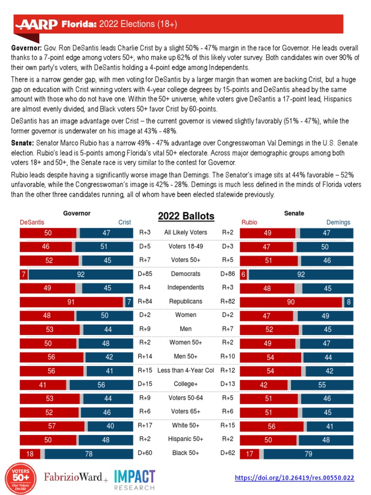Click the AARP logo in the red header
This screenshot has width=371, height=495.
pyautogui.click(x=37, y=24)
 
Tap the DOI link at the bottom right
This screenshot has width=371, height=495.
pyautogui.click(x=294, y=478)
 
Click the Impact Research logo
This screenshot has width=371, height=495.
pyautogui.click(x=134, y=480)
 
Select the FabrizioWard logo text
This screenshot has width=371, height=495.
pyautogui.click(x=76, y=478)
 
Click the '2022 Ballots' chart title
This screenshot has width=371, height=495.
pyautogui.click(x=186, y=216)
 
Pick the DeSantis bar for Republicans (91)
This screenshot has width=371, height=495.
pyautogui.click(x=71, y=302)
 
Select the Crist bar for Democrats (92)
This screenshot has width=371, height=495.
pyautogui.click(x=81, y=274)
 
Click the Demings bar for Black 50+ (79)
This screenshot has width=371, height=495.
pyautogui.click(x=308, y=454)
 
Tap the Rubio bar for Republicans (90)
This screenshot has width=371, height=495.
pyautogui.click(x=291, y=302)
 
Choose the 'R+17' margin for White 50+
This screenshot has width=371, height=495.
pyautogui.click(x=144, y=425)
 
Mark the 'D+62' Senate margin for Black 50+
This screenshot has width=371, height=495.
pyautogui.click(x=228, y=453)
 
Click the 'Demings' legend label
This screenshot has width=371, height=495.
pyautogui.click(x=338, y=222)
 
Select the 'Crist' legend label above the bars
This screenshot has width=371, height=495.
pyautogui.click(x=125, y=222)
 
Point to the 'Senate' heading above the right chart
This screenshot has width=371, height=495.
pyautogui.click(x=294, y=213)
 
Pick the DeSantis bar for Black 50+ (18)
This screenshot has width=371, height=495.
pyautogui.click(x=29, y=454)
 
